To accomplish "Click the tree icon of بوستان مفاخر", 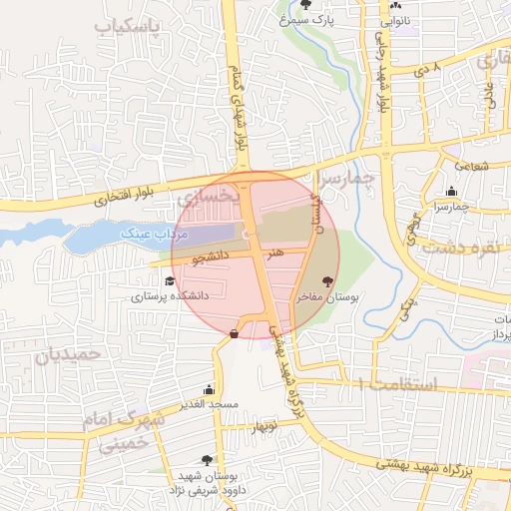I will coord(328,282).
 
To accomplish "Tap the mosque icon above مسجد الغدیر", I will coord(209,389).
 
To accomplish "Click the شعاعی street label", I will coord(471,166).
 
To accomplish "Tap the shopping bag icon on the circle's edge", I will coord(234,333).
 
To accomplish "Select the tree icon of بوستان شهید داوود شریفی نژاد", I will coord(207,460).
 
